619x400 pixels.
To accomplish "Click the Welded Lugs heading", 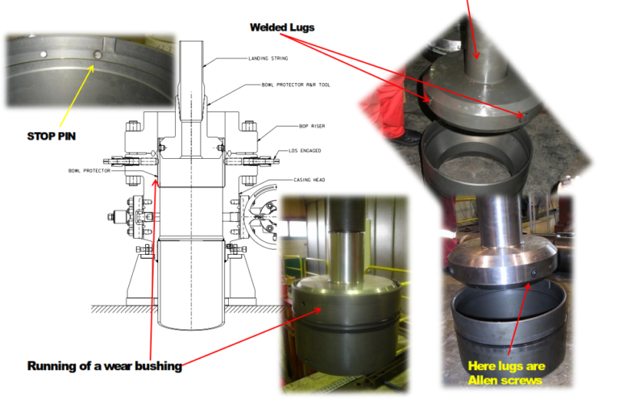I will pyautogui.click(x=281, y=27).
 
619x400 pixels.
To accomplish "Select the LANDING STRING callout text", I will pyautogui.click(x=268, y=59).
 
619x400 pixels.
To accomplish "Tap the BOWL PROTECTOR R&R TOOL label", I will pyautogui.click(x=297, y=85).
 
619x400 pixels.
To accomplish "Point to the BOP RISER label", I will pyautogui.click(x=304, y=127).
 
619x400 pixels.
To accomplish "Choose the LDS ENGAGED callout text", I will pyautogui.click(x=307, y=150).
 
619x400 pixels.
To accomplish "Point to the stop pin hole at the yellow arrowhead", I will pyautogui.click(x=97, y=54).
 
